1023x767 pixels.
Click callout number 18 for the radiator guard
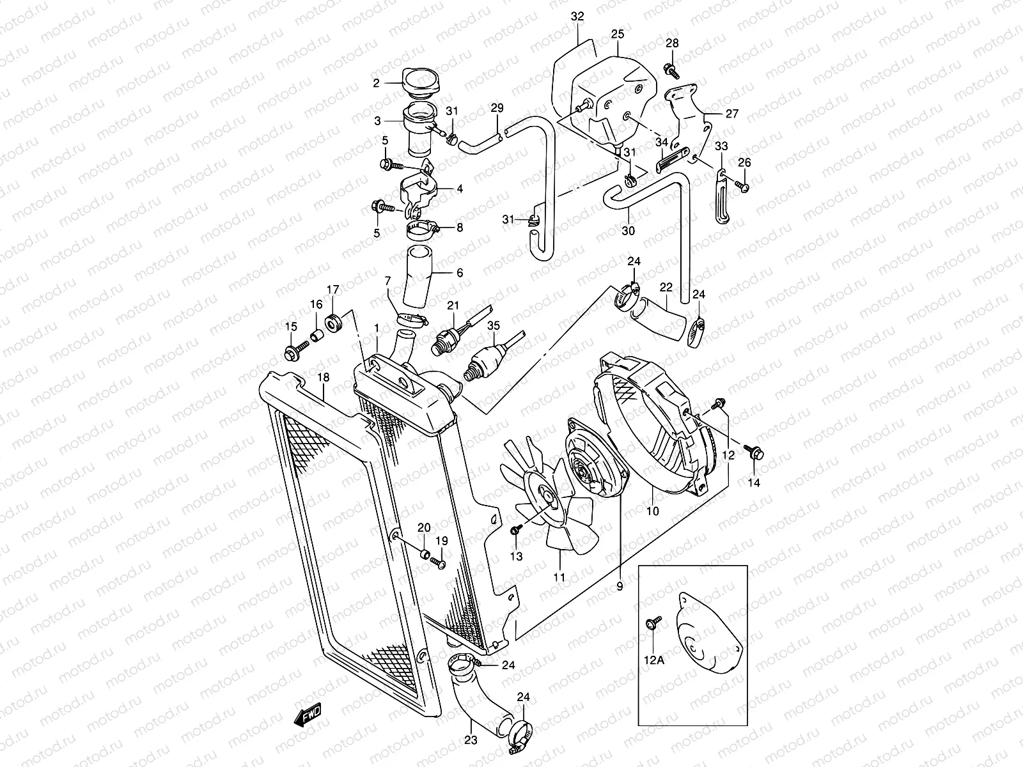[x=324, y=377]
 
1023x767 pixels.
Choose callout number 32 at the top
[x=577, y=17]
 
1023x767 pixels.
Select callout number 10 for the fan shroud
[x=653, y=511]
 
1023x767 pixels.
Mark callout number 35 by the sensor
[x=493, y=325]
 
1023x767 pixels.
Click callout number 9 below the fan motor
[x=620, y=584]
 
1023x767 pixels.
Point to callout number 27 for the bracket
[x=732, y=114]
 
